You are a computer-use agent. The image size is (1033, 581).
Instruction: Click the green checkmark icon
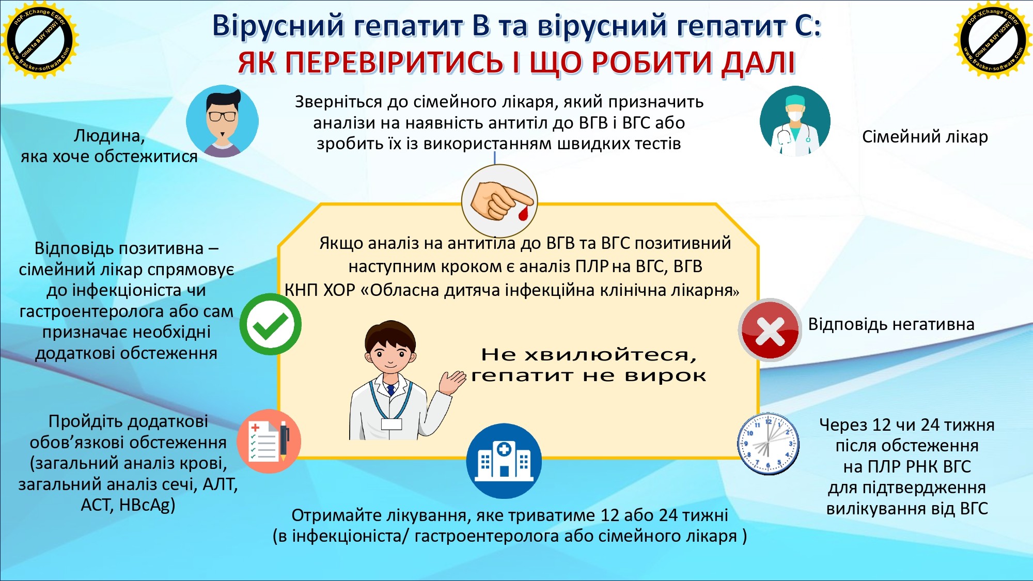point(270,324)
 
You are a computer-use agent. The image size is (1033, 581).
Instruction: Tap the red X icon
point(770,329)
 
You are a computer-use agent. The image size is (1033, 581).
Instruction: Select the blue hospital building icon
point(504,461)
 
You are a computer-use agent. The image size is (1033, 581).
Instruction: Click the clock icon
point(768,444)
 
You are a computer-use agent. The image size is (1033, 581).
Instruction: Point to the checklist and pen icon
point(269,441)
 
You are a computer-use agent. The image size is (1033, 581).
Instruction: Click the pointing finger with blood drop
point(499,201)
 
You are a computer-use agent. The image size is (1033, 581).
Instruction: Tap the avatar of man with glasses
point(222,121)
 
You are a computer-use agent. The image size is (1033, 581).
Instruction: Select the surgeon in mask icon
point(795,121)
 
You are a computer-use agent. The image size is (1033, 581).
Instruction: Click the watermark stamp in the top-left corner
point(39,40)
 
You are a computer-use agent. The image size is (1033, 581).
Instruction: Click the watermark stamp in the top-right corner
point(993,40)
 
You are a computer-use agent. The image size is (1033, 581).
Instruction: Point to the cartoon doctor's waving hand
point(452,382)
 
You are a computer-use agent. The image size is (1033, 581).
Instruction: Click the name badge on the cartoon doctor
point(391,424)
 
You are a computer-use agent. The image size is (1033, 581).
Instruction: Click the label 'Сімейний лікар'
point(925,137)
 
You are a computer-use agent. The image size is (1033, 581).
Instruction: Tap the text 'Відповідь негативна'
point(891,324)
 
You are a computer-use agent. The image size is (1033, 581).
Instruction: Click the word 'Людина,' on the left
point(109,136)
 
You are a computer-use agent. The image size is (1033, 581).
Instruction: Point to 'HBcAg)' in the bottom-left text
point(147,505)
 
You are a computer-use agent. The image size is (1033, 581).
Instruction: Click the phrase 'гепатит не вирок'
point(588,376)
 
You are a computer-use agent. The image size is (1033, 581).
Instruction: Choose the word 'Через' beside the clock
point(843,425)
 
